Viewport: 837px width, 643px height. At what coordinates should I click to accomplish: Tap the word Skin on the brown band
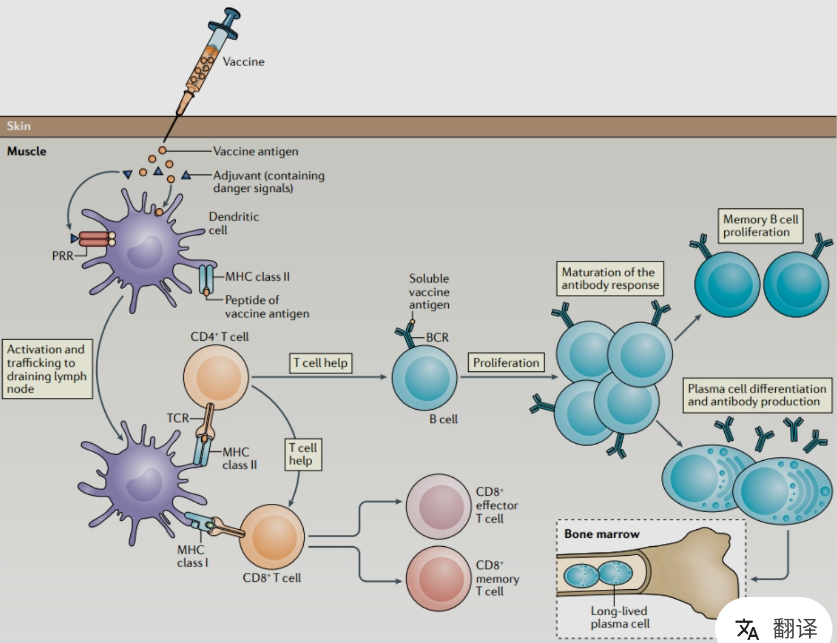click(19, 126)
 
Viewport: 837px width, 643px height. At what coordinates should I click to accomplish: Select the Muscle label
click(27, 151)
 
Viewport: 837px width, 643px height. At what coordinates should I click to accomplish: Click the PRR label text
click(62, 256)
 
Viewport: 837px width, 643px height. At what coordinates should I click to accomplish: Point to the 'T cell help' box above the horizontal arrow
click(320, 363)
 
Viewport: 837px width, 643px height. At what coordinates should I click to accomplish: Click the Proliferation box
click(506, 362)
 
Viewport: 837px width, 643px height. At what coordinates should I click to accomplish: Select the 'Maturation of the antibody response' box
click(610, 278)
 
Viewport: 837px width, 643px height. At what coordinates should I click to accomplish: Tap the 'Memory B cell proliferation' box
click(760, 225)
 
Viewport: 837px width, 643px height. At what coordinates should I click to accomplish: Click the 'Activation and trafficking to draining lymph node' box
click(46, 369)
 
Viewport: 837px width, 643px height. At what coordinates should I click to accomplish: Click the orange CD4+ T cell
click(216, 376)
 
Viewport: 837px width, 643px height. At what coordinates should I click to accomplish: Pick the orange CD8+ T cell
click(272, 537)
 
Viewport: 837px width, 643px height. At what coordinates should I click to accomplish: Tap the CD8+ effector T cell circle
click(438, 506)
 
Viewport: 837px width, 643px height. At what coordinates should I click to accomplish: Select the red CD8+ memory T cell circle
click(438, 578)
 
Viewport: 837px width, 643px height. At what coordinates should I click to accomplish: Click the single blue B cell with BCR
click(424, 378)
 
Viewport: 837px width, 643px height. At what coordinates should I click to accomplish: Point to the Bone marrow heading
click(601, 534)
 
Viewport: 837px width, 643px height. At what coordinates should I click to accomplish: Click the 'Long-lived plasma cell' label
click(619, 617)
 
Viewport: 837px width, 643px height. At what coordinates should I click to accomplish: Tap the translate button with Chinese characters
click(776, 628)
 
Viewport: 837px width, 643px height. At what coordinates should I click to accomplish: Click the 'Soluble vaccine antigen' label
click(429, 292)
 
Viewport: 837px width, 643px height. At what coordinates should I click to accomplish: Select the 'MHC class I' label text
click(192, 556)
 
